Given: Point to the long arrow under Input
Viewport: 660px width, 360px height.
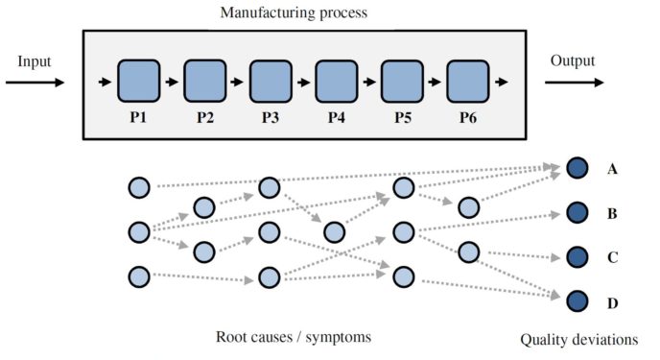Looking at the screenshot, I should pyautogui.click(x=35, y=83).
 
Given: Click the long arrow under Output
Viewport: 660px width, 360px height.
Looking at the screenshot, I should pyautogui.click(x=575, y=83).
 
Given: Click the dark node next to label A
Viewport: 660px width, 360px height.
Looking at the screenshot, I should pyautogui.click(x=577, y=168).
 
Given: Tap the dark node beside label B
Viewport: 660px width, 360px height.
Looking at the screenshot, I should pyautogui.click(x=577, y=212).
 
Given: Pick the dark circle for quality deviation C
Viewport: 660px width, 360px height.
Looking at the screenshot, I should pyautogui.click(x=577, y=257).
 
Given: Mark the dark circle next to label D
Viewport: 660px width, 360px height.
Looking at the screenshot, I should pyautogui.click(x=577, y=301).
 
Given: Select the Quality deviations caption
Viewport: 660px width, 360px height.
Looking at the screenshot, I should pyautogui.click(x=578, y=339).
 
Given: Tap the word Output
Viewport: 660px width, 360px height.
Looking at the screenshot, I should pyautogui.click(x=573, y=61).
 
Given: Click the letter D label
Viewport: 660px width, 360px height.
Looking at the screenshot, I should pyautogui.click(x=612, y=302).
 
